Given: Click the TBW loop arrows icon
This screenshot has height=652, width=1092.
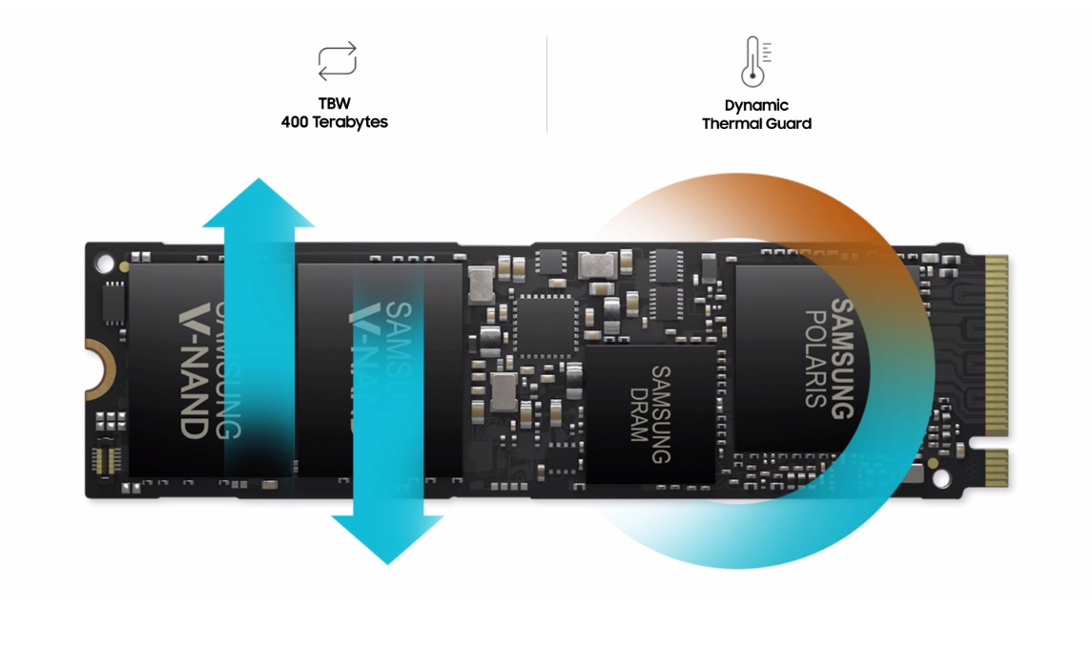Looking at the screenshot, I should [x=337, y=60].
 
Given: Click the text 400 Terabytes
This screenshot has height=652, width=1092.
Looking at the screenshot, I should [x=334, y=122].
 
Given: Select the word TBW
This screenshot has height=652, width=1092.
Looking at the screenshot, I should [x=335, y=103].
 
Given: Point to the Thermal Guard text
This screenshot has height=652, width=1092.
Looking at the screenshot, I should [x=756, y=123].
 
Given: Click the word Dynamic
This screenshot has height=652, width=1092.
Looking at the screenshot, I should [x=756, y=105].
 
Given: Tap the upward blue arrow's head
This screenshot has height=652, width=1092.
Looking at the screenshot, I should [x=258, y=201].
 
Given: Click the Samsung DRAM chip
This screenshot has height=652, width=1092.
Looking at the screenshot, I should [x=649, y=413].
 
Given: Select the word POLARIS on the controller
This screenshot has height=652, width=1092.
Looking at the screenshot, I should [x=815, y=358].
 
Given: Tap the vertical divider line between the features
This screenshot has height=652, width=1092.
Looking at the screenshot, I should [x=546, y=84].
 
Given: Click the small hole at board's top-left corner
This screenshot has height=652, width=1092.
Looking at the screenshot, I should [x=101, y=260].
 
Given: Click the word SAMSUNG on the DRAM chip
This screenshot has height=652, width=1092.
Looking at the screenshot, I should [x=661, y=413].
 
